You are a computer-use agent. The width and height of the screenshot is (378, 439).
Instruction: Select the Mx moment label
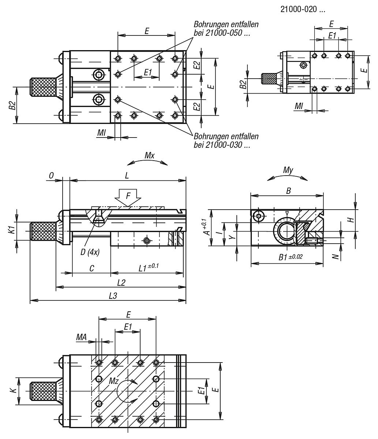point(149,155)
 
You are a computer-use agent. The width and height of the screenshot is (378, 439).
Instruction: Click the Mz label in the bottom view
point(114,381)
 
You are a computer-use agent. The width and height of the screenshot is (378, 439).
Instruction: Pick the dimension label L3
point(113,296)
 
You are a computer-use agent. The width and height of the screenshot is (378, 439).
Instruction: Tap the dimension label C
point(91,269)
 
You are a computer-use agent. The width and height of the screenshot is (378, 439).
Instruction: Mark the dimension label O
point(52,176)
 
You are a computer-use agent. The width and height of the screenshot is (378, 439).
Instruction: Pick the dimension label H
point(351,220)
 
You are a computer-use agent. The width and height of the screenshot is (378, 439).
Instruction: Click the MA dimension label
point(81,337)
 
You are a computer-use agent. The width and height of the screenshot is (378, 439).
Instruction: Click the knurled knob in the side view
point(43,231)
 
